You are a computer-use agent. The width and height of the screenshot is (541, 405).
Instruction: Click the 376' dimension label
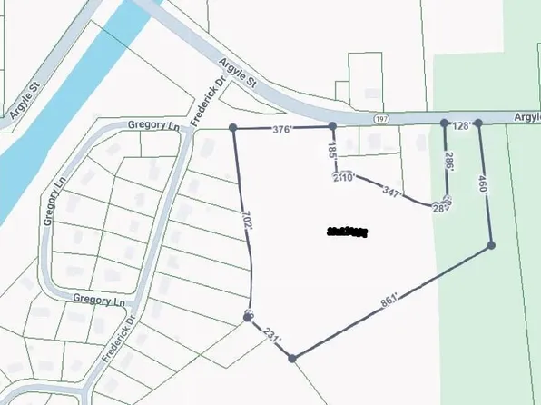click(x=282, y=131)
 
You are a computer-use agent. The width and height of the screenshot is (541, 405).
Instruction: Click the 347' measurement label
click(x=391, y=192)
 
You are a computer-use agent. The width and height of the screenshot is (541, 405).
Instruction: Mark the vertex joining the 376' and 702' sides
click(x=233, y=128)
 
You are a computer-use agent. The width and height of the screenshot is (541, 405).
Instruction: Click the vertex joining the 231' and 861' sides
click(x=291, y=359)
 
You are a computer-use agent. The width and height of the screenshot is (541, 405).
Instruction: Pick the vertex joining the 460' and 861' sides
click(x=491, y=245)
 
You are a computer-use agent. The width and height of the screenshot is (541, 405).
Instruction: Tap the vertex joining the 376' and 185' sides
click(x=332, y=126)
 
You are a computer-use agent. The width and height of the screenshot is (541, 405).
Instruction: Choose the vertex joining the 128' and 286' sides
click(x=445, y=123)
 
